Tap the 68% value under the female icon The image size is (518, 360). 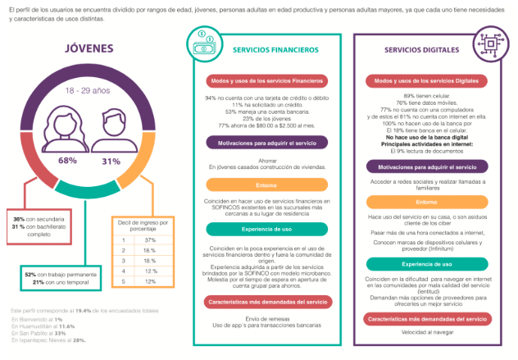coord(67,161)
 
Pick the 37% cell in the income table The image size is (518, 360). coord(151,239)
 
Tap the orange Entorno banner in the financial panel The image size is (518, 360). coord(266,185)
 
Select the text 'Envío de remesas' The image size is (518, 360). coord(266,318)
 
